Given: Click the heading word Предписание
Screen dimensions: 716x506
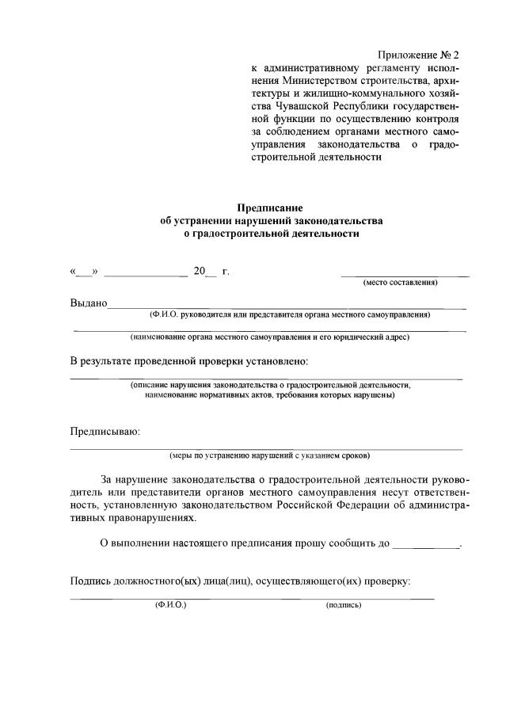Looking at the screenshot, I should pyautogui.click(x=270, y=207).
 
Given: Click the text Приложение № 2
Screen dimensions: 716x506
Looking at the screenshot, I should pyautogui.click(x=418, y=55).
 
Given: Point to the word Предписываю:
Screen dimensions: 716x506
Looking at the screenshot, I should pyautogui.click(x=105, y=432).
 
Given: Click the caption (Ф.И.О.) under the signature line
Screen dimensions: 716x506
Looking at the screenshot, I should pyautogui.click(x=170, y=605).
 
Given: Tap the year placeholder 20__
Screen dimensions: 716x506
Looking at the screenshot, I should pyautogui.click(x=204, y=272).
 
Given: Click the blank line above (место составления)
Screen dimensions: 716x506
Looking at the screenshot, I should pyautogui.click(x=404, y=275).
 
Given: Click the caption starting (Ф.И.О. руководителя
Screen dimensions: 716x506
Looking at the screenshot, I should pyautogui.click(x=290, y=314).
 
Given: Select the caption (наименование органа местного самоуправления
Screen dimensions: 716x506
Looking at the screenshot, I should pyautogui.click(x=270, y=337).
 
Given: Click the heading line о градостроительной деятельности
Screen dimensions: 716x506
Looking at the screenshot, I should pyautogui.click(x=271, y=234).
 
